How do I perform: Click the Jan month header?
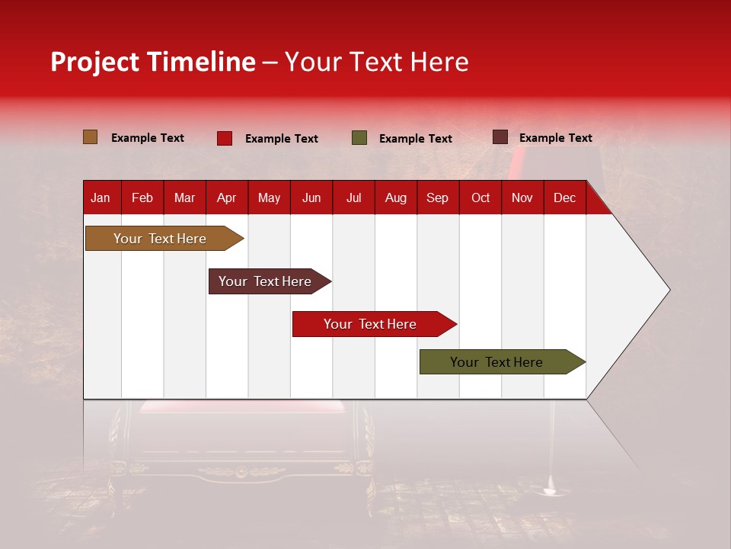pos(101,197)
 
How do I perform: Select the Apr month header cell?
pos(226,197)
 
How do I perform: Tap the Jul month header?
pos(353,197)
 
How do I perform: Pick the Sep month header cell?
pos(437,197)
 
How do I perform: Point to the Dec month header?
pos(564,197)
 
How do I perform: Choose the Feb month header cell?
pos(142,197)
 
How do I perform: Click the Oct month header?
pos(480,197)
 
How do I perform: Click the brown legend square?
pos(90,137)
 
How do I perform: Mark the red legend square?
pos(224,138)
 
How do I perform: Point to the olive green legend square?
pos(359,138)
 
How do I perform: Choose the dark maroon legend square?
pos(500,137)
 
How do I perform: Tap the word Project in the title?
pos(94,62)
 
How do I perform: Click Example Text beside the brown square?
pos(148,138)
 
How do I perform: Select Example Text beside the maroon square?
pos(555,138)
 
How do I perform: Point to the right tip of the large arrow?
pos(669,290)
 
